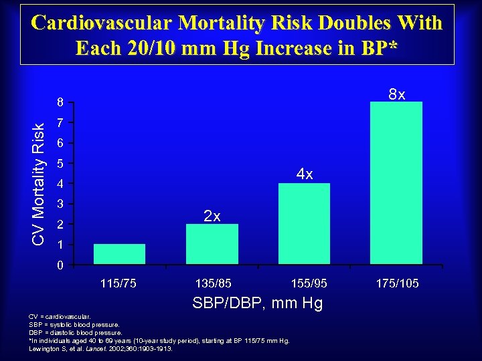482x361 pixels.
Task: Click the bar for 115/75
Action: point(119,254)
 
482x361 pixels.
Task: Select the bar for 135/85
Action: point(212,244)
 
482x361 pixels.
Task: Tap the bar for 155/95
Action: point(304,223)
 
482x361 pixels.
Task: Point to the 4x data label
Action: point(305,174)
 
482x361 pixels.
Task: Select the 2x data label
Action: point(212,215)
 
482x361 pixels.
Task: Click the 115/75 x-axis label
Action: point(118,283)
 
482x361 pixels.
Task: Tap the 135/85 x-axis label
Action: point(214,283)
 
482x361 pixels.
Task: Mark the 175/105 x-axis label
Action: point(397,283)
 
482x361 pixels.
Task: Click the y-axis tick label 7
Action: point(60,124)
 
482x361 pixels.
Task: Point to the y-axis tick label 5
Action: point(60,164)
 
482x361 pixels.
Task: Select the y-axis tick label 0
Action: point(60,266)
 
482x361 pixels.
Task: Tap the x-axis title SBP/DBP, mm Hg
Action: point(258,304)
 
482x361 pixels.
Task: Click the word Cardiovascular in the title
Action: point(102,23)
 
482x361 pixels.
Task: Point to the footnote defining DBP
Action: point(76,332)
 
